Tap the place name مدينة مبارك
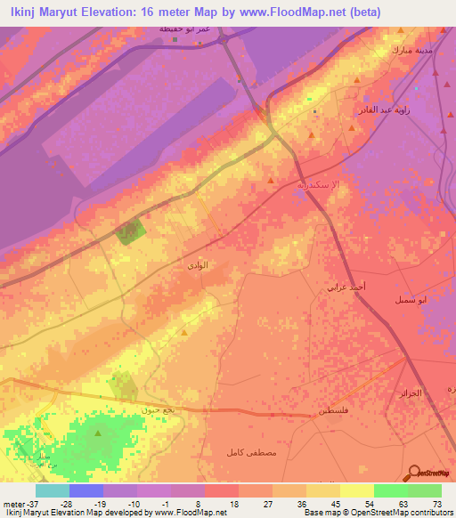(x=412, y=50)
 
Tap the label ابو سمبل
(x=411, y=300)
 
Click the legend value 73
(x=436, y=504)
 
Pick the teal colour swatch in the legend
(x=53, y=490)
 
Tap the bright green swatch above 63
(x=391, y=490)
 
